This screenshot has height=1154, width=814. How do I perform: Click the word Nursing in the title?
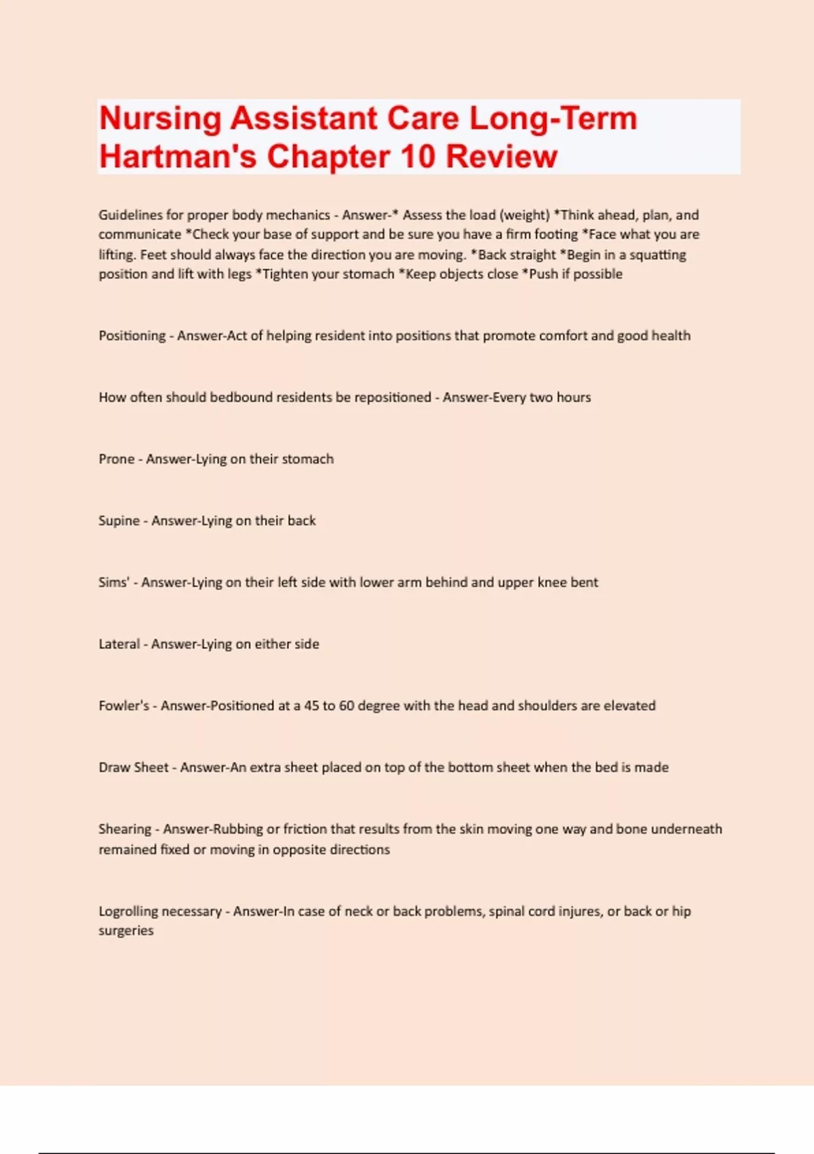click(x=160, y=119)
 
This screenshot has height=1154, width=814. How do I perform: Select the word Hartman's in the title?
click(x=178, y=157)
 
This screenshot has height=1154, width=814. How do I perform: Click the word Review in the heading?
click(x=501, y=157)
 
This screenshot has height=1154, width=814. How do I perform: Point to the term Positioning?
click(x=132, y=336)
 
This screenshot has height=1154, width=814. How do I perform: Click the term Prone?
click(x=117, y=460)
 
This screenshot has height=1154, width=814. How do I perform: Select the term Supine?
click(x=119, y=521)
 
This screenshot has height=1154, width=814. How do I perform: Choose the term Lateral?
click(x=119, y=644)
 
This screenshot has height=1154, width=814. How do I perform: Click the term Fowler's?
click(x=123, y=706)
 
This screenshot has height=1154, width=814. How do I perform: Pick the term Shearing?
click(x=125, y=830)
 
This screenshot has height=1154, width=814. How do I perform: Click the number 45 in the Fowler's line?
click(x=311, y=706)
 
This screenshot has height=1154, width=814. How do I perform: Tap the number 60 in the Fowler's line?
click(x=347, y=706)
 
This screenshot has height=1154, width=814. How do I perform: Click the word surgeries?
click(x=126, y=931)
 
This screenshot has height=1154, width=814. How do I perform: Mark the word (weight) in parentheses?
click(x=524, y=215)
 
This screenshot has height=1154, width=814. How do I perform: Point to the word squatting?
click(x=657, y=255)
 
